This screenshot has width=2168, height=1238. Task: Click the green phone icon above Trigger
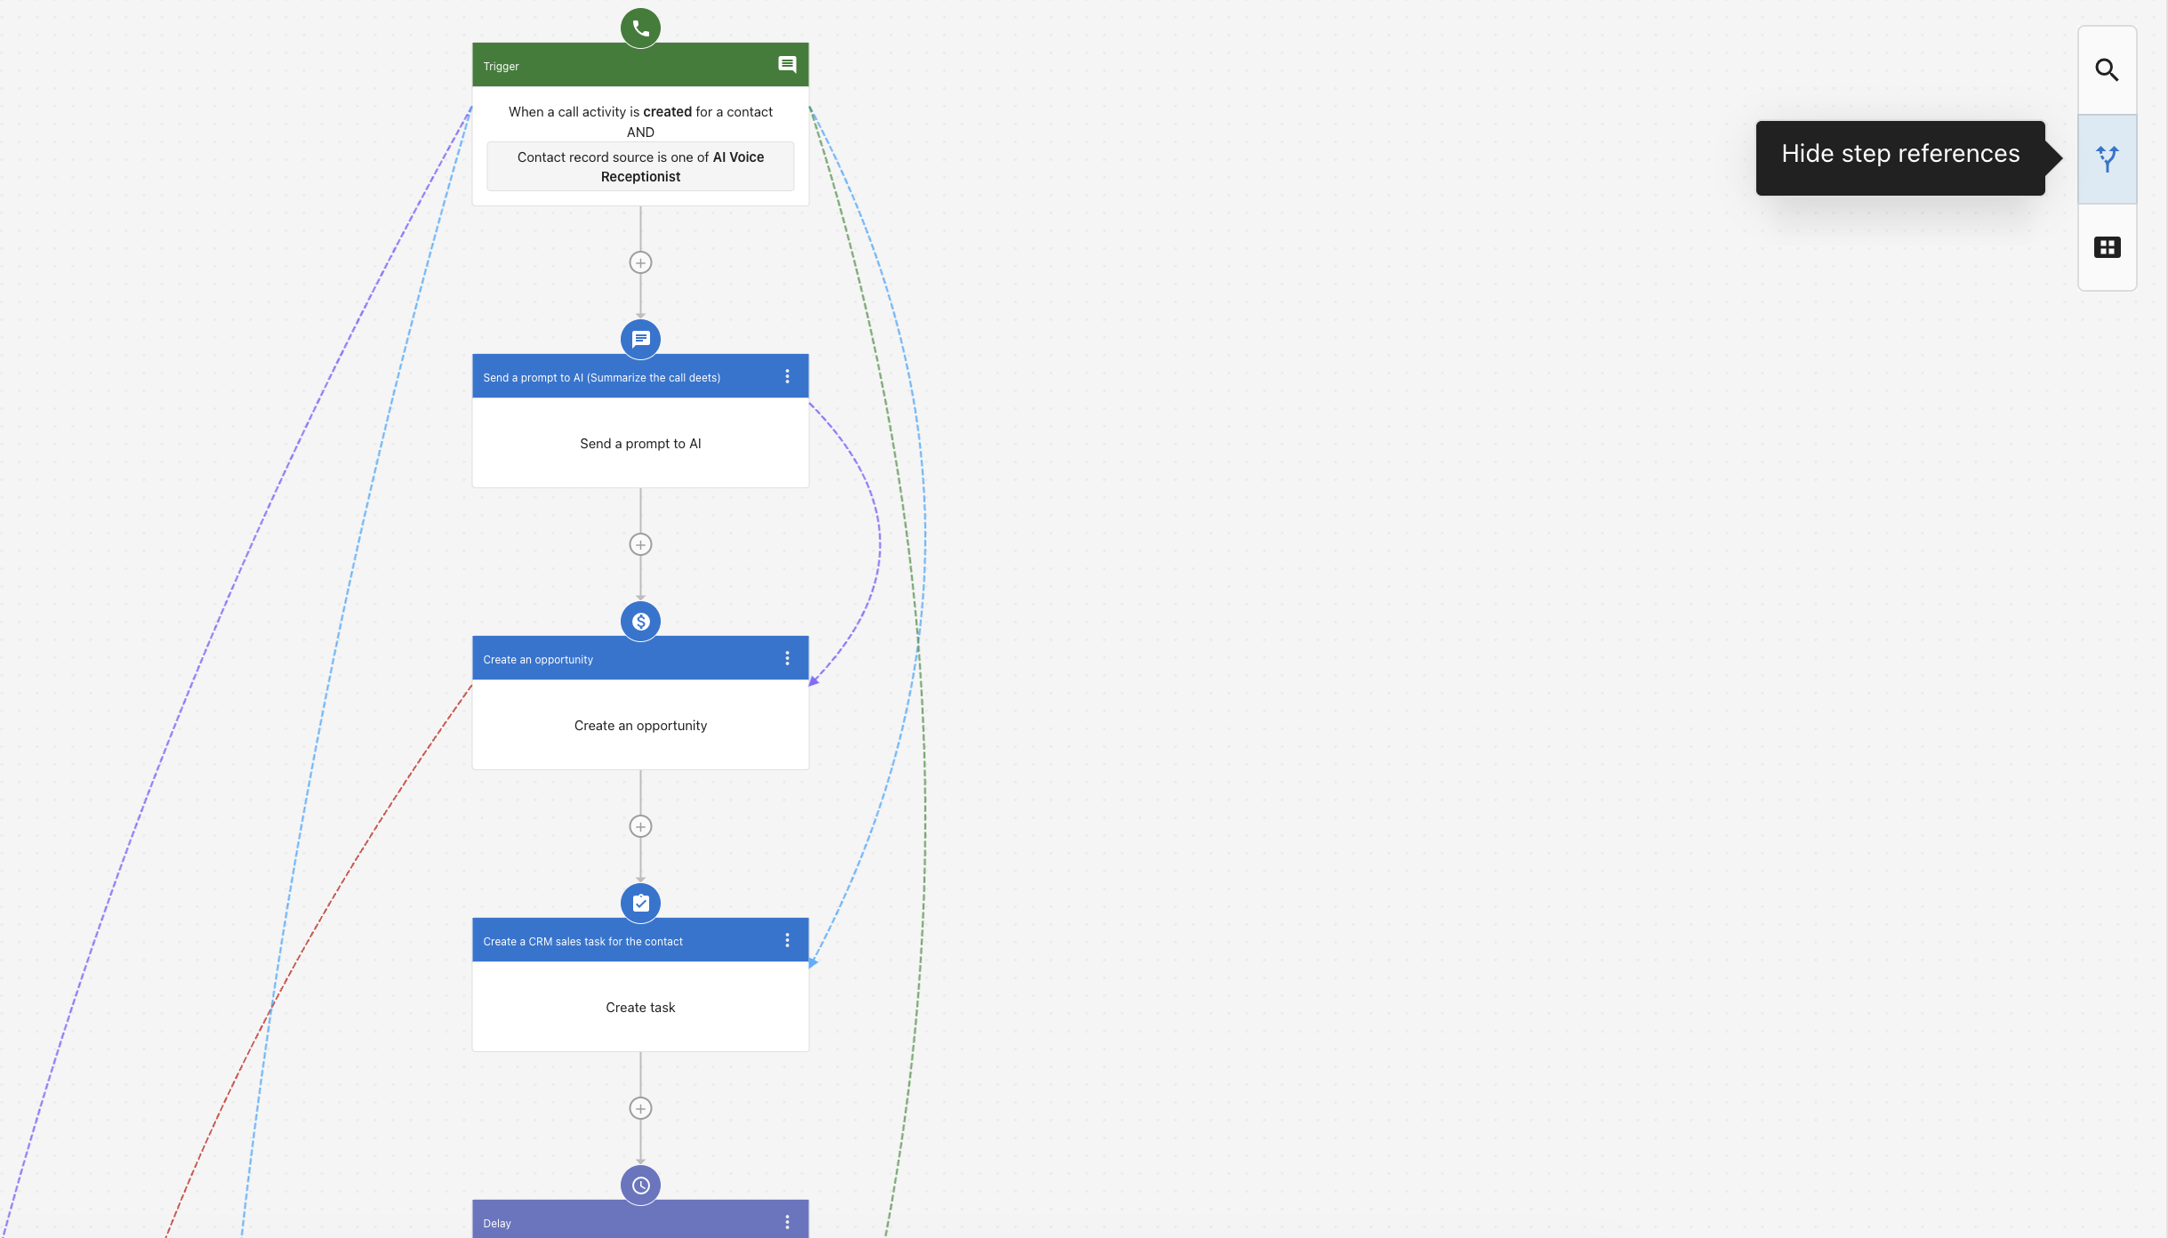pos(640,28)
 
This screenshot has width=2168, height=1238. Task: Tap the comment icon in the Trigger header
pos(787,64)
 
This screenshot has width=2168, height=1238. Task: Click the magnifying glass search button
pos(2107,70)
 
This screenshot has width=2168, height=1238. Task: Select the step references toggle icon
pos(2107,158)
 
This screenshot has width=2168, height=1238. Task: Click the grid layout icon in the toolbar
pos(2107,247)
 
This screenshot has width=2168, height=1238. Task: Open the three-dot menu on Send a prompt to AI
pos(787,376)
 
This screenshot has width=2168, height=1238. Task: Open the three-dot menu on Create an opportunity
pos(787,658)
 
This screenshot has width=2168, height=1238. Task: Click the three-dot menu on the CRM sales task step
pos(787,940)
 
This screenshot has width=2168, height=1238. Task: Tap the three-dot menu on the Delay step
pos(787,1222)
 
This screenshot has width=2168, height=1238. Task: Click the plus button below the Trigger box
pos(640,262)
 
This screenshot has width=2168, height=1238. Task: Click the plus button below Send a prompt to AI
pos(640,544)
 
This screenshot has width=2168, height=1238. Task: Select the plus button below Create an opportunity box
pos(640,826)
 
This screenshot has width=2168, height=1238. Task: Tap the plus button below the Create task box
pos(640,1108)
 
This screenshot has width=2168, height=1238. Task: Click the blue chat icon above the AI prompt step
pos(640,339)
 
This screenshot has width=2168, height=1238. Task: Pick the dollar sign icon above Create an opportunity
pos(640,621)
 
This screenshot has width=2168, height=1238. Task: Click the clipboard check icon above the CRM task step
pos(640,903)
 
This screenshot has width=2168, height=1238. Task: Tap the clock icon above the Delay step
pos(640,1185)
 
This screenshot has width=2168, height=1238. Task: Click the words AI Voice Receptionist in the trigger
pos(682,166)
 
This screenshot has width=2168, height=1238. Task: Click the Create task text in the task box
pos(640,1007)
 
